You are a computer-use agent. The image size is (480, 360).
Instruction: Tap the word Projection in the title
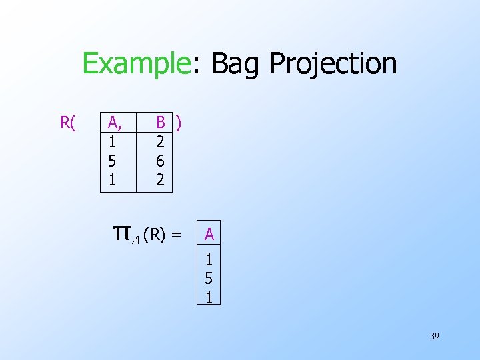pyautogui.click(x=333, y=65)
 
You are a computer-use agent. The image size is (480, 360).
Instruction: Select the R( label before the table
pyautogui.click(x=68, y=122)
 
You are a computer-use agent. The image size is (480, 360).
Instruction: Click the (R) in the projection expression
pyautogui.click(x=154, y=234)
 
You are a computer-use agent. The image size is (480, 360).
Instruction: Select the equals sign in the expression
pyautogui.click(x=177, y=234)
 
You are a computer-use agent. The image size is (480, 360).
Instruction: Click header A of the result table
pyautogui.click(x=209, y=235)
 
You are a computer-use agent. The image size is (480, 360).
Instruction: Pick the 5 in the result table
pyautogui.click(x=209, y=279)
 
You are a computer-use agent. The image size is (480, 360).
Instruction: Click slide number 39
pyautogui.click(x=434, y=336)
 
